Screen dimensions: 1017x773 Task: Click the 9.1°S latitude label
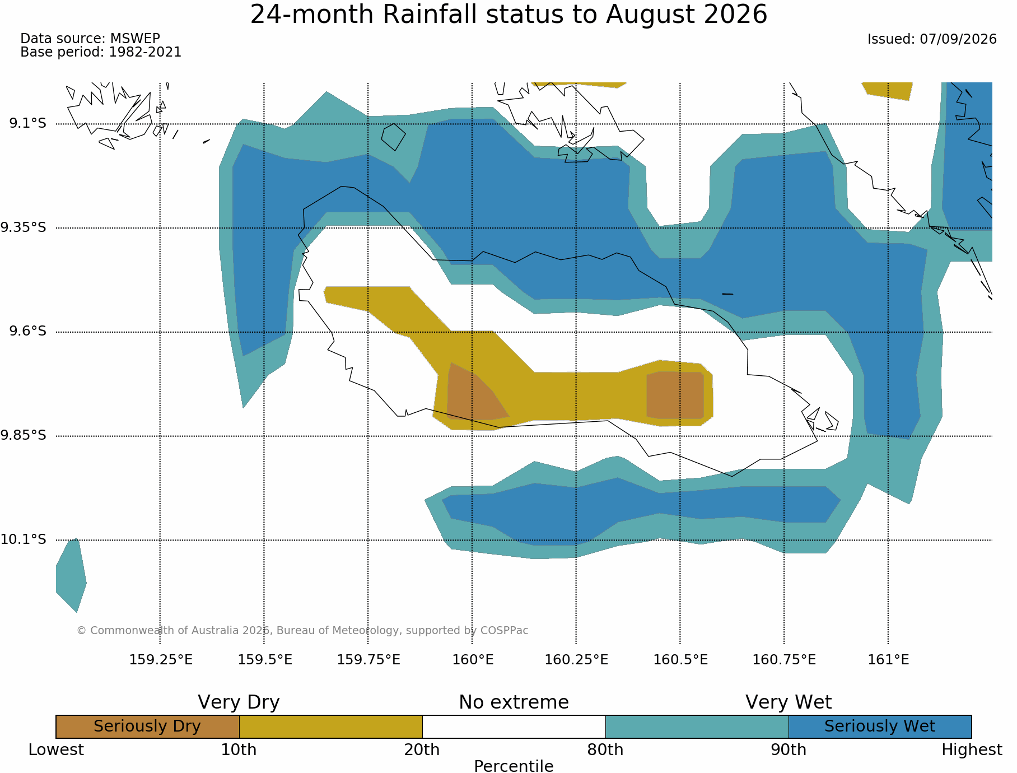point(27,123)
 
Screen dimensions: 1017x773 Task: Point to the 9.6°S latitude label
point(27,332)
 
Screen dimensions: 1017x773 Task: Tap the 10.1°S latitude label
point(23,539)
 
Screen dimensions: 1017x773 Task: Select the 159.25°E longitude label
point(161,659)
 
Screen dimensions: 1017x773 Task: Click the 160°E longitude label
point(473,659)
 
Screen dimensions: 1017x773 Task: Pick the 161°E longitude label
point(888,659)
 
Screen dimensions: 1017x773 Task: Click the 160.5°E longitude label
point(680,659)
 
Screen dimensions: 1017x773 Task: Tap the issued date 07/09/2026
point(958,39)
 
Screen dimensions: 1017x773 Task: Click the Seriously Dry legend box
point(148,727)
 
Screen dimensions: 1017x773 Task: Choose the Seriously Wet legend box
point(880,727)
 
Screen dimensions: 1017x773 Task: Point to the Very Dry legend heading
point(239,702)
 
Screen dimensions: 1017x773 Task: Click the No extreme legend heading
point(514,702)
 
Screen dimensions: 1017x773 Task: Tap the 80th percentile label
point(605,749)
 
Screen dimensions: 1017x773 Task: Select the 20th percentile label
point(422,749)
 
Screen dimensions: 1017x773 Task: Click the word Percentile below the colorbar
point(514,766)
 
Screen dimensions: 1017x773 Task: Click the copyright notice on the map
point(302,631)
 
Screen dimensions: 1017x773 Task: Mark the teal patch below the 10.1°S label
point(71,575)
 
